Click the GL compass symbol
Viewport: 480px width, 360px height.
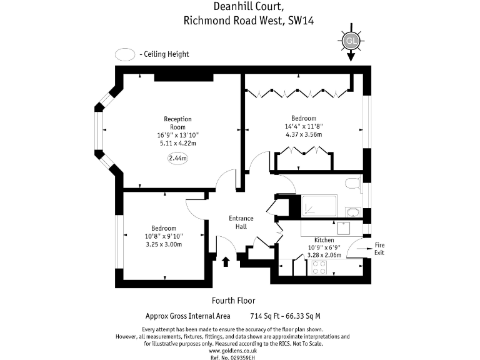point(350,41)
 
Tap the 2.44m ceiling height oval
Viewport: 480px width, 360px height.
point(178,158)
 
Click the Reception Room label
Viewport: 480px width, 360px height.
point(177,122)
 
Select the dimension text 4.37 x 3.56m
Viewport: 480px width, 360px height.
point(303,134)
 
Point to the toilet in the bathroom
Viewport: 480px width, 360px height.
point(353,184)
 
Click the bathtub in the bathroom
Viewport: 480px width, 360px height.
point(319,204)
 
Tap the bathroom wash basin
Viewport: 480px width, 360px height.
point(352,212)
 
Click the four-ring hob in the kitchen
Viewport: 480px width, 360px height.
point(319,267)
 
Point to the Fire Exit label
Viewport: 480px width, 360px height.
point(380,249)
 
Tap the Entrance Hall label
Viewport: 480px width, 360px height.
point(241,222)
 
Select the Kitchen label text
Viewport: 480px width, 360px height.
point(324,240)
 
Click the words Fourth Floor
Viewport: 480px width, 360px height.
point(234,300)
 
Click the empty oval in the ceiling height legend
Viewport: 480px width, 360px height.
point(126,54)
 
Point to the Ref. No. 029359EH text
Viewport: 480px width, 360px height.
point(233,357)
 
